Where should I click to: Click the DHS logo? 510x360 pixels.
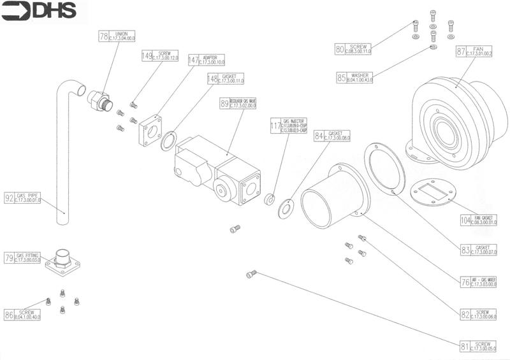pyautogui.click(x=40, y=10)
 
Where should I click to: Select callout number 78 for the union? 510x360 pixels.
pyautogui.click(x=104, y=37)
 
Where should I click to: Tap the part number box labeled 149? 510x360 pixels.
pyautogui.click(x=147, y=56)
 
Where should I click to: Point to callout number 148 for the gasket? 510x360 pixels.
pyautogui.click(x=212, y=78)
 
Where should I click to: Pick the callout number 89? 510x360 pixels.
pyautogui.click(x=224, y=103)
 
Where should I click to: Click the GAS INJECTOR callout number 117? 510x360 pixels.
pyautogui.click(x=275, y=126)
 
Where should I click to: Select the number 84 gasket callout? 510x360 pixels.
pyautogui.click(x=319, y=136)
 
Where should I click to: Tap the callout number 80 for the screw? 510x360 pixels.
pyautogui.click(x=341, y=48)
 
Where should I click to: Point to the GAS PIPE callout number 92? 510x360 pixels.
pyautogui.click(x=10, y=198)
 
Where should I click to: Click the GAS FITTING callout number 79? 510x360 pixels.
pyautogui.click(x=10, y=258)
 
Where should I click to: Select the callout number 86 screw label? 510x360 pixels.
pyautogui.click(x=10, y=314)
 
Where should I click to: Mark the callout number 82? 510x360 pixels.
pyautogui.click(x=466, y=314)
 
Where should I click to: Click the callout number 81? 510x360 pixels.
pyautogui.click(x=465, y=347)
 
